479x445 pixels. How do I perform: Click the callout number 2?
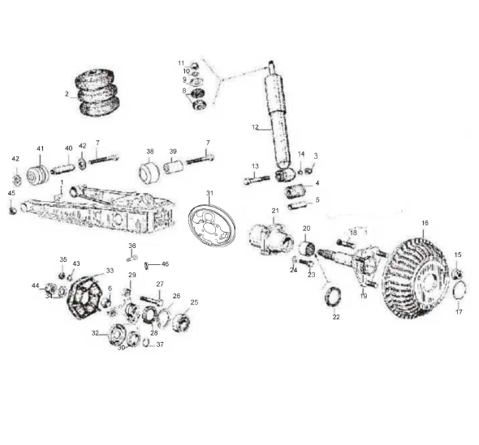click(67, 94)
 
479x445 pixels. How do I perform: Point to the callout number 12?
click(255, 127)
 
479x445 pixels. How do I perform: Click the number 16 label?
click(424, 222)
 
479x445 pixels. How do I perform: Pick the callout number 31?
click(209, 193)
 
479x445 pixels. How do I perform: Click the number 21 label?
click(274, 211)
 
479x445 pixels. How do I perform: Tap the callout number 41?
click(39, 148)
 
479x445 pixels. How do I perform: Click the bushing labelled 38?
click(149, 173)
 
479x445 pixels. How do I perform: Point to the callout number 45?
click(11, 193)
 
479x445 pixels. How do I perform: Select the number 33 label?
click(110, 271)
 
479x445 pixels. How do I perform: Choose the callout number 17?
click(459, 312)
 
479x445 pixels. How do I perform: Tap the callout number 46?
click(165, 264)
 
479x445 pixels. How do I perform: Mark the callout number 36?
click(132, 246)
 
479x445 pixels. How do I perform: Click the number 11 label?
click(181, 63)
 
